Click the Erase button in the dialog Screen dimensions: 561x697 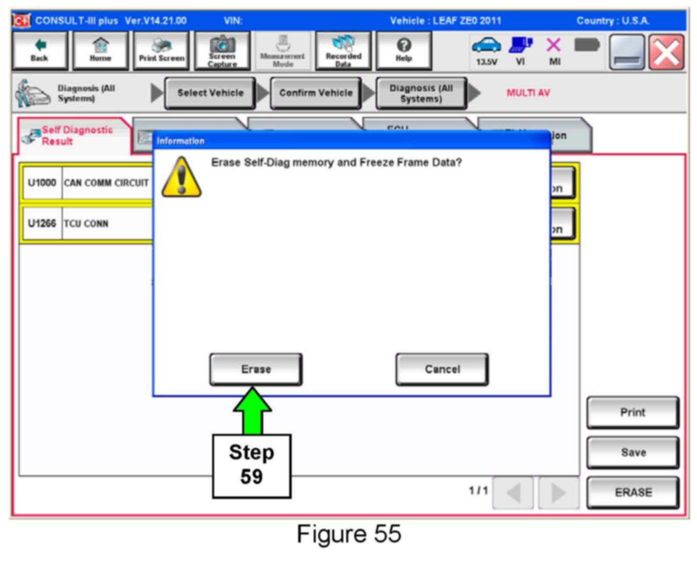coord(256,369)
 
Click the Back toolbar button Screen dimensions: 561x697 coord(40,50)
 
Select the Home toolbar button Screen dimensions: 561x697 coord(101,50)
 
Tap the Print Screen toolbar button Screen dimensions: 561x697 coord(162,50)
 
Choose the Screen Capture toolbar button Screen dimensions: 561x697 coord(222,50)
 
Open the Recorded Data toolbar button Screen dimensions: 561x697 coord(343,50)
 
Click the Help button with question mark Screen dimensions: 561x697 coord(404,50)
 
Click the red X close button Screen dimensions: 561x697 coord(666,52)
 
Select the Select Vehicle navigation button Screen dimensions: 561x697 coord(210,93)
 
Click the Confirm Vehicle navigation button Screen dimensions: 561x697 coord(316,93)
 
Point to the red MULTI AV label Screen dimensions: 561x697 coord(528,93)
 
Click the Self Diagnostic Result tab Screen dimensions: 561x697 coord(75,136)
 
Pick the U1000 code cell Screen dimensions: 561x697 coord(42,183)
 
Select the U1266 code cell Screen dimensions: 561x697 coord(42,223)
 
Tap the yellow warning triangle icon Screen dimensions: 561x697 coord(182,178)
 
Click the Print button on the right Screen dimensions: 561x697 coord(632,412)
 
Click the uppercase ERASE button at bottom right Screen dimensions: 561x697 coord(632,492)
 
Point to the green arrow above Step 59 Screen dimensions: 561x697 coord(253,410)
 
